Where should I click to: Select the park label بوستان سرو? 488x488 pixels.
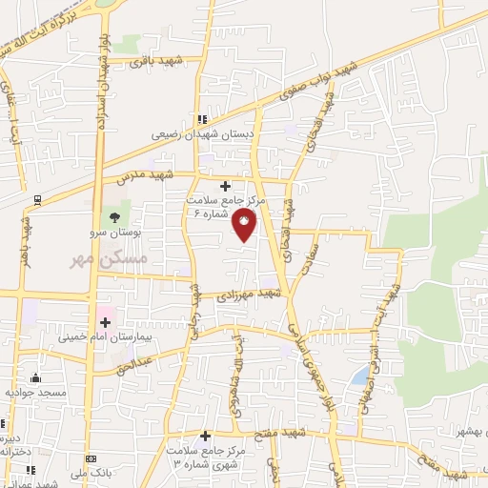[120, 233]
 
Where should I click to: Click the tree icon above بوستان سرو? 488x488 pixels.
[114, 218]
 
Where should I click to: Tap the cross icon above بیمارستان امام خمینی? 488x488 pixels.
[104, 324]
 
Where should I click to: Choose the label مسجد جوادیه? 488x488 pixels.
[36, 392]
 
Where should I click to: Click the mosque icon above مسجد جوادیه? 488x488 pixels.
[36, 378]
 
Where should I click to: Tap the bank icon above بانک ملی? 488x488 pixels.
[91, 459]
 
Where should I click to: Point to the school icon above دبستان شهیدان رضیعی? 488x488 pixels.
[201, 119]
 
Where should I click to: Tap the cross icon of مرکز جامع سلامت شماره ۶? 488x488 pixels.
[225, 185]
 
